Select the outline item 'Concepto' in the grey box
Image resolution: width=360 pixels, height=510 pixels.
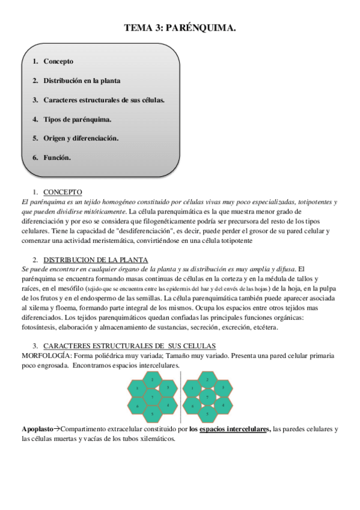(58, 61)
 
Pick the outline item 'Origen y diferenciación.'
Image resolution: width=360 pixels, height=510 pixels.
(81, 138)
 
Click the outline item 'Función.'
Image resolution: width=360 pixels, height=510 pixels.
(58, 158)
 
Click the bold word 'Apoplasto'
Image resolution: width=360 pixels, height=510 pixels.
(37, 429)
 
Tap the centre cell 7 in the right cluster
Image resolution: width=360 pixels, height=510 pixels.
(207, 398)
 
